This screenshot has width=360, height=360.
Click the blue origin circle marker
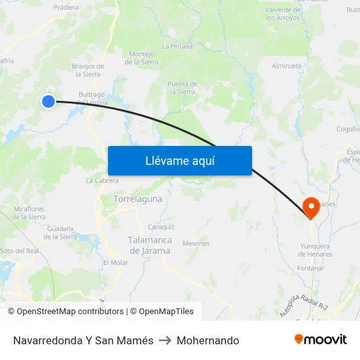[x=48, y=101]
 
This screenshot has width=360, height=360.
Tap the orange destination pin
[x=310, y=207]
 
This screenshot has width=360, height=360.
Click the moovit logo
[x=321, y=340]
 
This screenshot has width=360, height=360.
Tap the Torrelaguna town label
[x=137, y=198]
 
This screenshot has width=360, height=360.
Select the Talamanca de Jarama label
[x=150, y=245]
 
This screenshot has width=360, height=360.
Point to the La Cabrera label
[x=102, y=181]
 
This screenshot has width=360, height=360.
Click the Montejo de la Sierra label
[x=141, y=58]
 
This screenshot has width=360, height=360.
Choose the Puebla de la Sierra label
[x=183, y=88]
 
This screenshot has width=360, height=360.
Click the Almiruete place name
[x=287, y=66]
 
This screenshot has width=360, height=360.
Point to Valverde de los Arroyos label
[x=283, y=14]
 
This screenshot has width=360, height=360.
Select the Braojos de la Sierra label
[x=88, y=70]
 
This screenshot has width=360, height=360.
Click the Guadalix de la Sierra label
[x=60, y=232]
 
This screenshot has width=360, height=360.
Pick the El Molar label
[x=116, y=262]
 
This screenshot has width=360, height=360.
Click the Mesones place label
[x=196, y=243]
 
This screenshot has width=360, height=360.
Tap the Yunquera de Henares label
[x=315, y=250]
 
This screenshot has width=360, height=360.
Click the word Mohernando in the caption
[x=207, y=340]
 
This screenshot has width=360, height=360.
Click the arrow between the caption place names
[x=165, y=340]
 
